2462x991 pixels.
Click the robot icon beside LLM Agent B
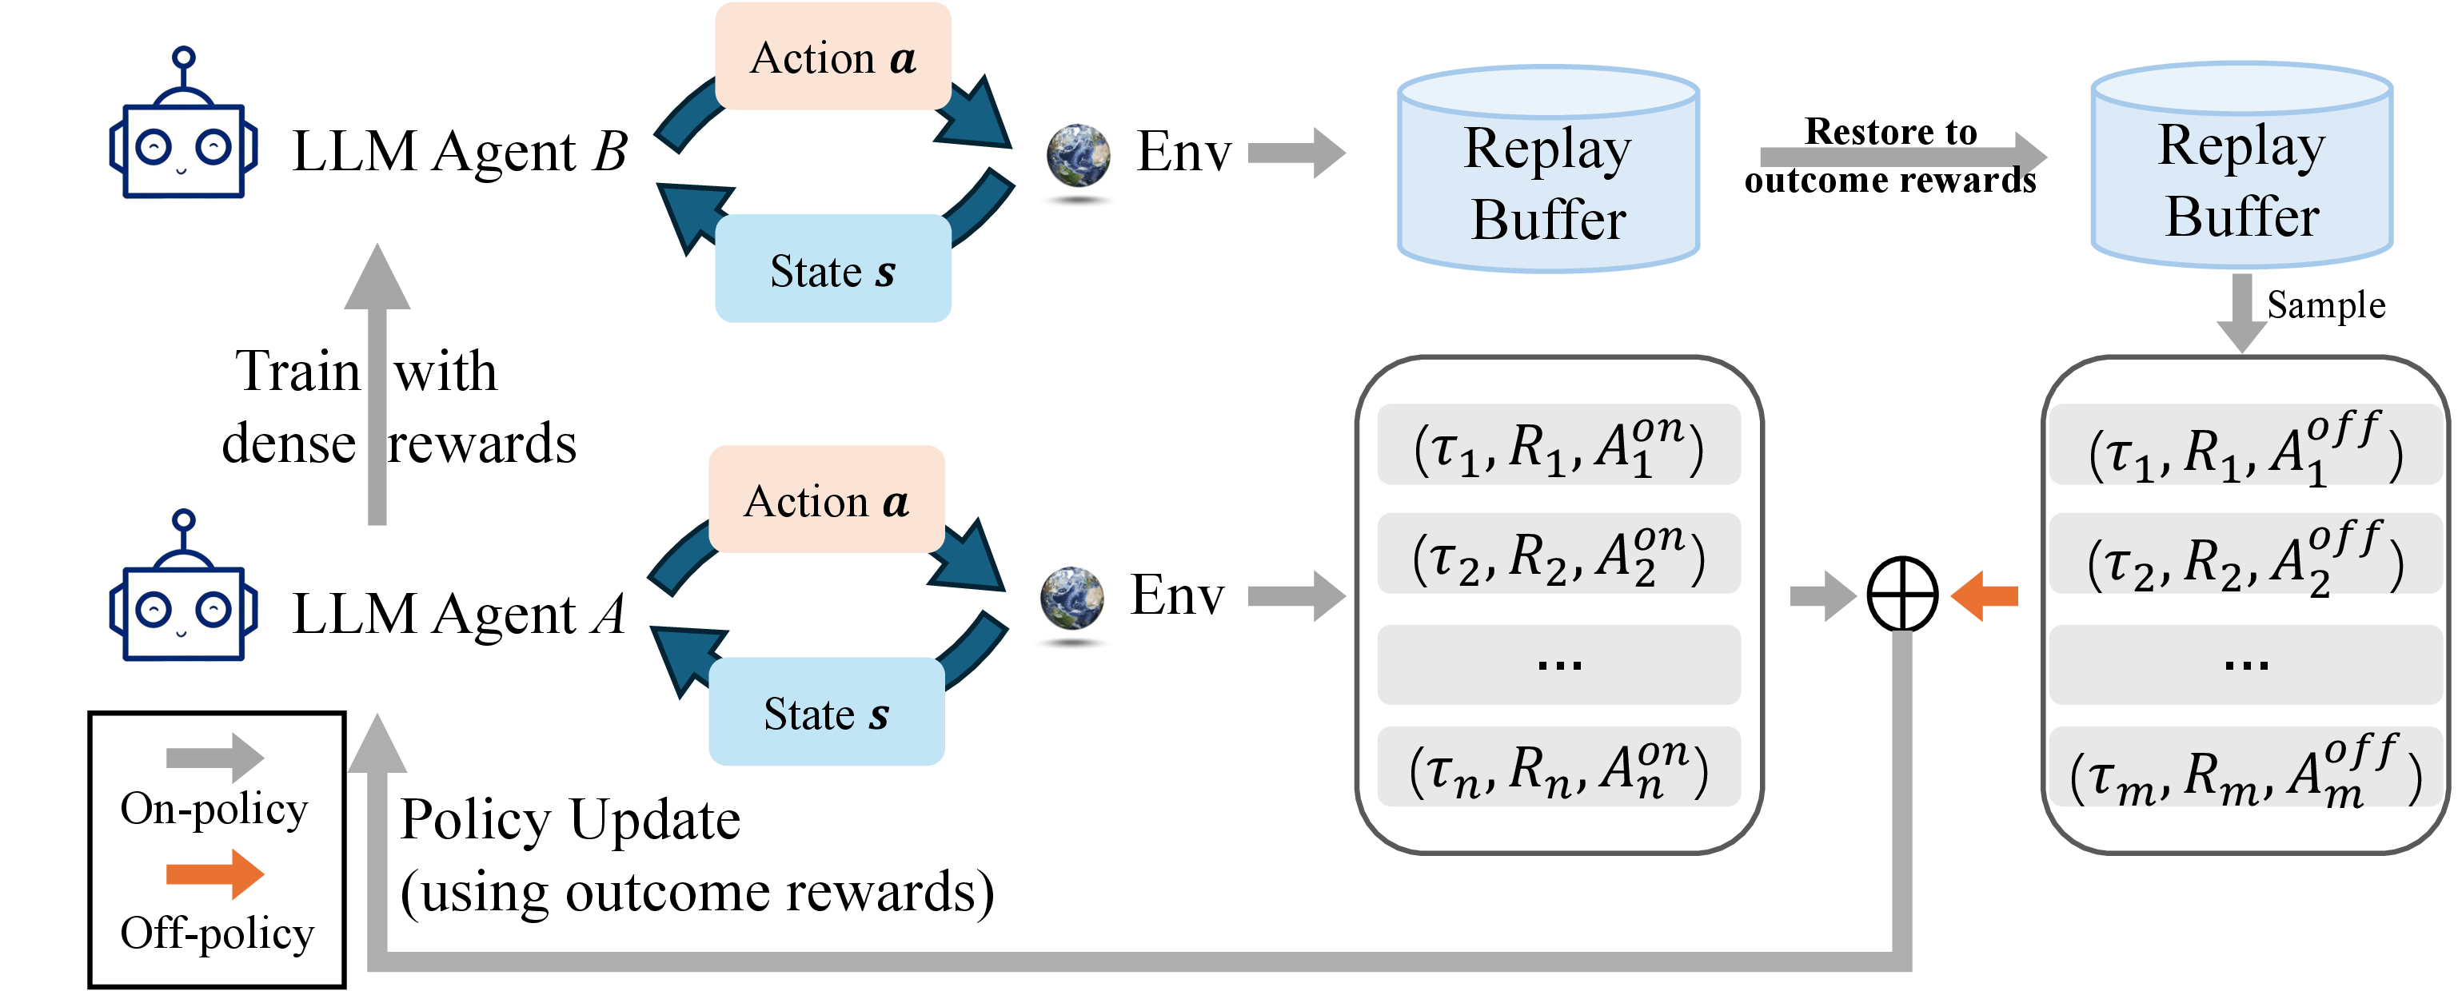182,124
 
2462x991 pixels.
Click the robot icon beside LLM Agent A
182,586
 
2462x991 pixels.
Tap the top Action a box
832,57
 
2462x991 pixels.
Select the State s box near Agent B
832,269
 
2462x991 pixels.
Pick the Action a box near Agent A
827,499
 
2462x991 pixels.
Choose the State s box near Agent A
827,712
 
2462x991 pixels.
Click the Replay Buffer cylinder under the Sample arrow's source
2241,165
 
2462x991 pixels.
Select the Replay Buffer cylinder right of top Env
1548,169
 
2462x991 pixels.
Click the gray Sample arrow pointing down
2241,313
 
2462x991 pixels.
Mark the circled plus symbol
1902,595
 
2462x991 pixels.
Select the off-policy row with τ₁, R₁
2245,444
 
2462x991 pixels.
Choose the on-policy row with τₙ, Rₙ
1558,766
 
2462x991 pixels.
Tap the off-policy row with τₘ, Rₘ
2245,766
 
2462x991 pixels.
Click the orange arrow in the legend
215,874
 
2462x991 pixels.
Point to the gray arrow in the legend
215,758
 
